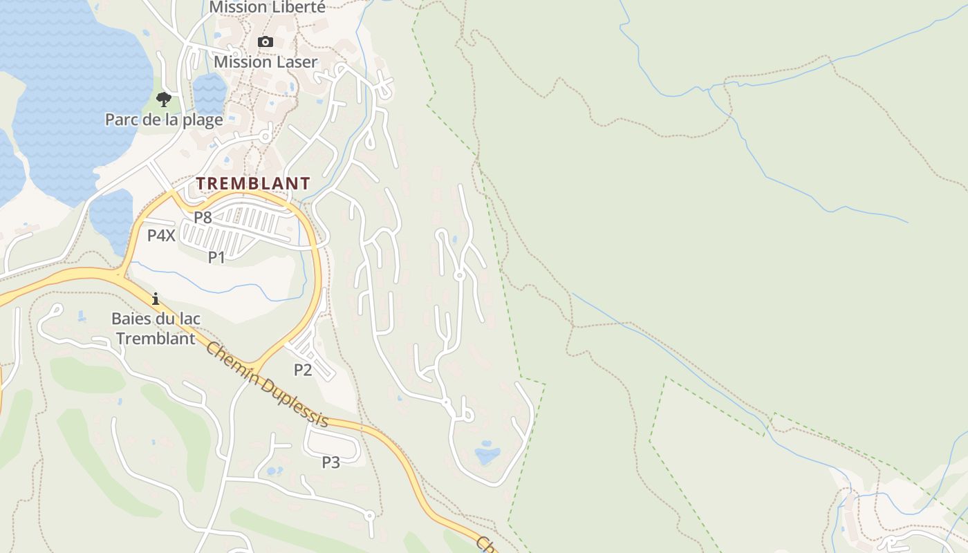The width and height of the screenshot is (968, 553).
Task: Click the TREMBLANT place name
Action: click(x=253, y=183)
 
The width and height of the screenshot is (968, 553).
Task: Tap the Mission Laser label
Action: click(x=266, y=62)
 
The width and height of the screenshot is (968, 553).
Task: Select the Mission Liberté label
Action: click(x=267, y=7)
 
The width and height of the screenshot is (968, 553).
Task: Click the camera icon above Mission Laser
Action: click(x=265, y=42)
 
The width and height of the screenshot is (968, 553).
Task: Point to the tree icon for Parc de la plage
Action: click(x=164, y=100)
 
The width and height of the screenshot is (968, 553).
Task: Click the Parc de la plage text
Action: click(x=164, y=120)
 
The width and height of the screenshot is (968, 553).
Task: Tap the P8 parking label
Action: click(x=203, y=217)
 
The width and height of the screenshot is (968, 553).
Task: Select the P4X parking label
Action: click(x=161, y=235)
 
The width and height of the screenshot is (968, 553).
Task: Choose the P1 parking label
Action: click(x=217, y=257)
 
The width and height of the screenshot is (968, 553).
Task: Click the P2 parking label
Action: click(x=303, y=370)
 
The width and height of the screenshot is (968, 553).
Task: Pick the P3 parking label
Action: click(x=331, y=462)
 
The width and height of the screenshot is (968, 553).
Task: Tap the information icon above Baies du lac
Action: click(x=156, y=299)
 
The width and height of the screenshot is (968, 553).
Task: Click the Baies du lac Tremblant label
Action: click(x=156, y=328)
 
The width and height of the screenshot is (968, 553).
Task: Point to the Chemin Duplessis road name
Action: click(x=266, y=384)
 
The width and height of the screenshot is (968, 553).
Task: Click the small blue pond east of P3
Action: click(x=487, y=453)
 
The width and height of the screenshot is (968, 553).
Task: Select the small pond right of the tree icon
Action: click(x=210, y=93)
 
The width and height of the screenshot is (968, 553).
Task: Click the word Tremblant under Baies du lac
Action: click(x=156, y=338)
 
